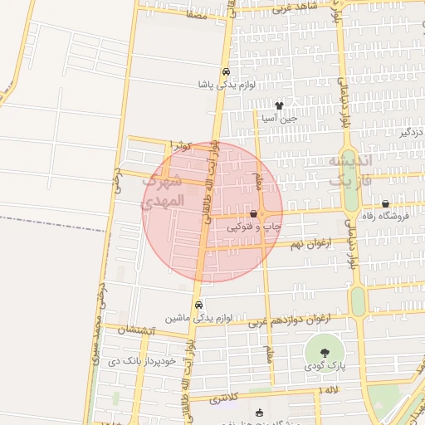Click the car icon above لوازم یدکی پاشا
click(x=226, y=71)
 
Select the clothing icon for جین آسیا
click(x=279, y=105)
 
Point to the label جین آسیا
click(x=279, y=119)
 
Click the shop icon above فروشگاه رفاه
click(x=385, y=204)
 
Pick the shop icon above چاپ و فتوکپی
click(x=252, y=214)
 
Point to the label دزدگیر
click(x=411, y=132)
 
